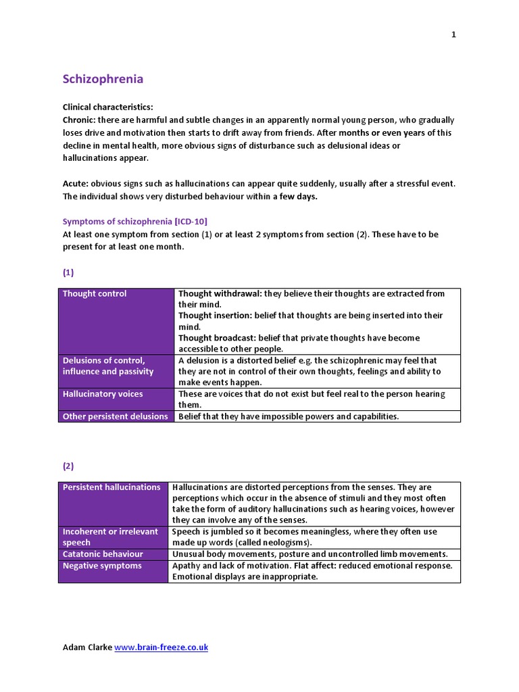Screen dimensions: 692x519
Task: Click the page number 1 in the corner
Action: pos(454,35)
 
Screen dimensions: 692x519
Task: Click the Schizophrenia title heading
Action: pos(103,79)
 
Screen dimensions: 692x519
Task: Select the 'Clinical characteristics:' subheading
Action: pos(108,107)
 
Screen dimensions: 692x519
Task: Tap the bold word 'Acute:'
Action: pos(76,184)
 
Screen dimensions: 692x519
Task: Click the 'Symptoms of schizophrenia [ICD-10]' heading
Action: pos(140,222)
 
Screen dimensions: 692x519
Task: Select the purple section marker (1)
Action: pos(68,272)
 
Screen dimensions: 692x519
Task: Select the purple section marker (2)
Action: pos(68,466)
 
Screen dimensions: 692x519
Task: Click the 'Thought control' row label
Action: pos(95,293)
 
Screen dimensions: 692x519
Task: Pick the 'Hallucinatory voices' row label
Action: pos(103,393)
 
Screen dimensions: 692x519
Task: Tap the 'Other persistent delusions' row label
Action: pos(115,416)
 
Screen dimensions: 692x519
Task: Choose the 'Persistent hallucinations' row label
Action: pos(112,487)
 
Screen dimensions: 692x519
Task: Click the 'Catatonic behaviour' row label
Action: pos(103,554)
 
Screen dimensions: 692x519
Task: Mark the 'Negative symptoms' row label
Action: pos(102,566)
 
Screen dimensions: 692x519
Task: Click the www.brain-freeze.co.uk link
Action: pos(161,647)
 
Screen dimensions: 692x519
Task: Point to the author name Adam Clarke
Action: pos(87,647)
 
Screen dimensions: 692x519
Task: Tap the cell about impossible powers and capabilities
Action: pos(289,416)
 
